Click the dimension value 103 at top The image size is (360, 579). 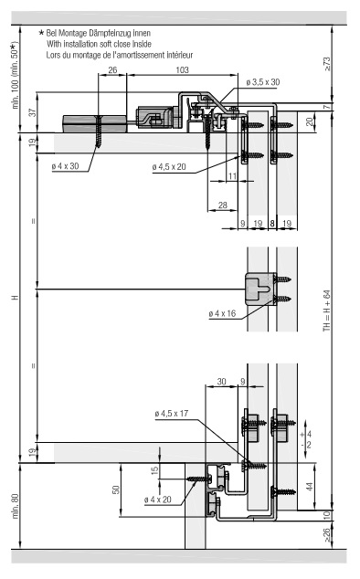click(182, 69)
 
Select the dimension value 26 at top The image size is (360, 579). click(112, 69)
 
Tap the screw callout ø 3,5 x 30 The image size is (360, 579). click(263, 82)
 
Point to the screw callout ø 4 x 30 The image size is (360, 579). click(66, 166)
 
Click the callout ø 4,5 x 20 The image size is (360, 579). click(169, 167)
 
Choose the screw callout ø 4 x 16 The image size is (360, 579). click(222, 313)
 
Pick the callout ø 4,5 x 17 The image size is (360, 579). click(172, 414)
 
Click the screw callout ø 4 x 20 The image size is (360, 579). click(158, 500)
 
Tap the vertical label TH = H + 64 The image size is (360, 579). click(327, 311)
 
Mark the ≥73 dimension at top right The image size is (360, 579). click(327, 64)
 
